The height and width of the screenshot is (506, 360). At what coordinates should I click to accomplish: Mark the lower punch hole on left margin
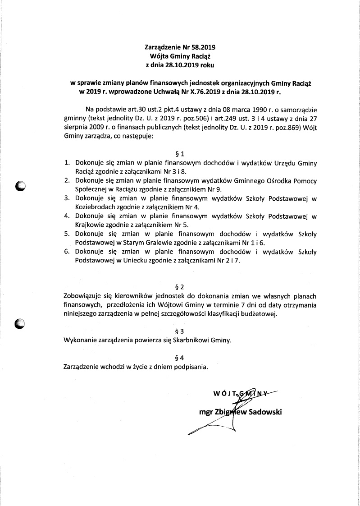click(x=20, y=323)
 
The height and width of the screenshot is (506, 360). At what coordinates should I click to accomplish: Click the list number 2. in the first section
click(x=66, y=180)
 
